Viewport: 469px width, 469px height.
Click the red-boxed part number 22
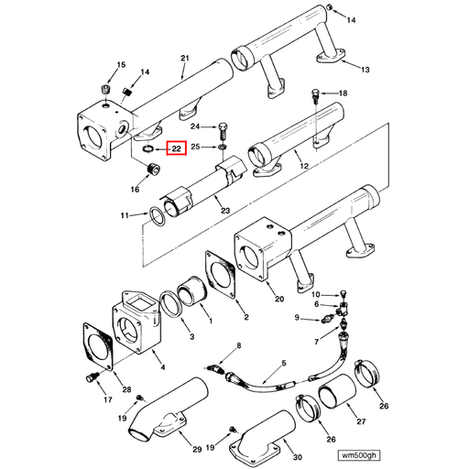click(176, 147)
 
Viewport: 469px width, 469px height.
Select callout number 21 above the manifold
click(184, 59)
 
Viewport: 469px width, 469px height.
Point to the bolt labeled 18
click(315, 93)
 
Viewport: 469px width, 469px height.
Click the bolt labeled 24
click(224, 126)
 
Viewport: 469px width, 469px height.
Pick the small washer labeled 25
click(224, 146)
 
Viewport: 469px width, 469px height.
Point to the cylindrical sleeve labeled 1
click(194, 295)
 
